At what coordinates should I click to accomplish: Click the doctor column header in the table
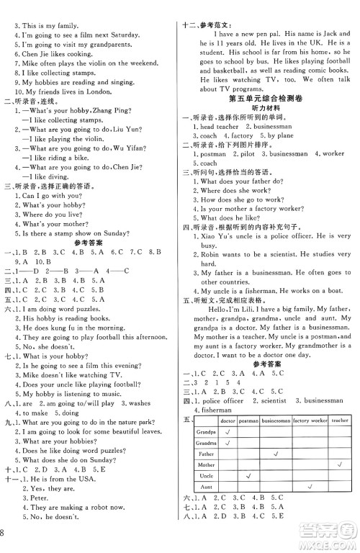click(228, 421)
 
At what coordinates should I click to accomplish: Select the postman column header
click(248, 421)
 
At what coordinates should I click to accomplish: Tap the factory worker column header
click(310, 421)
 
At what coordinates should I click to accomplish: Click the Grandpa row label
click(207, 432)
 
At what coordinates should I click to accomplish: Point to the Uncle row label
click(207, 477)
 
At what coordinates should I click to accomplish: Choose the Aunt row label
click(207, 487)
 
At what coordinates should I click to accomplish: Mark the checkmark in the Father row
click(276, 454)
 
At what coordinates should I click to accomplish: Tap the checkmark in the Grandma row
click(228, 443)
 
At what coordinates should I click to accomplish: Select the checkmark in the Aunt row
click(310, 487)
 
